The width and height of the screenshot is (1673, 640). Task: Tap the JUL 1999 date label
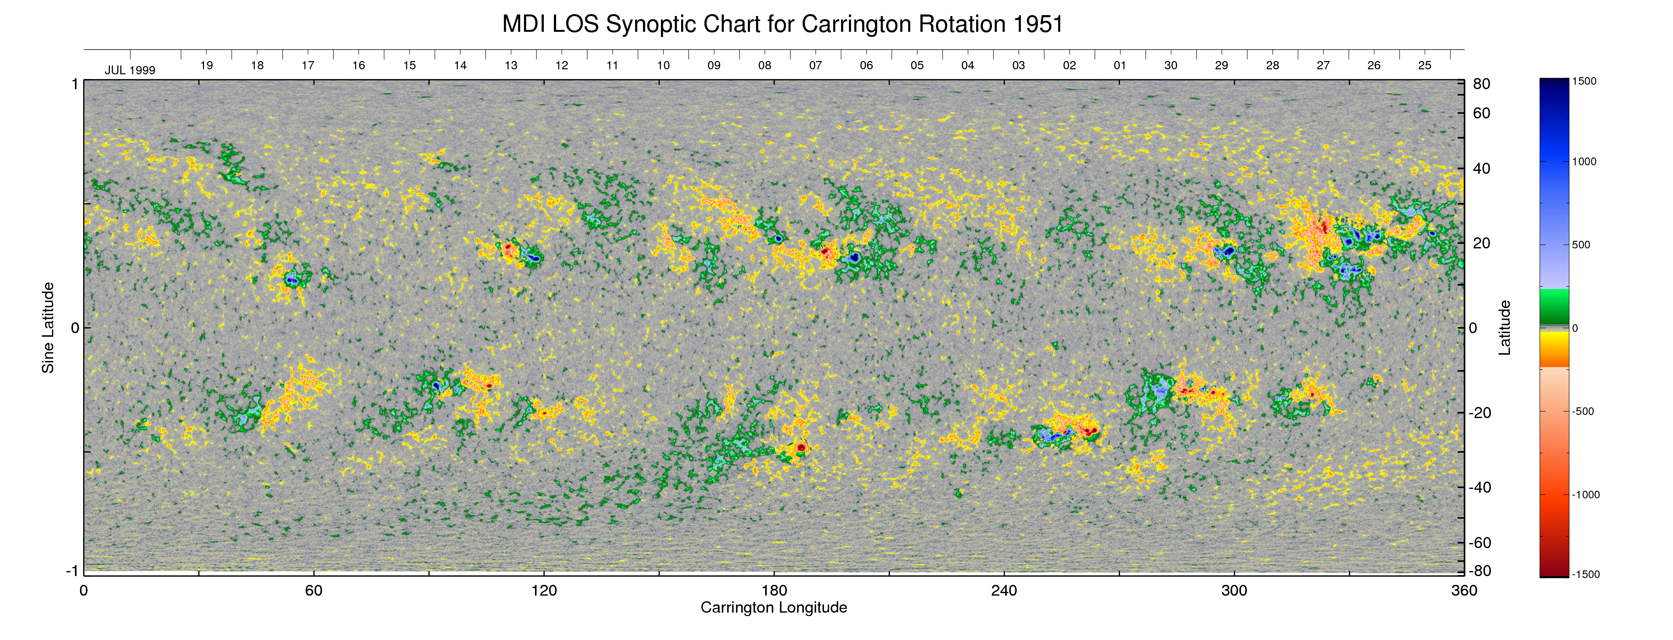[130, 70]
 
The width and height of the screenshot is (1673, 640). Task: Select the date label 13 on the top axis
[511, 65]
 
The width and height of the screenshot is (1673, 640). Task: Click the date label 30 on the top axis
[1170, 65]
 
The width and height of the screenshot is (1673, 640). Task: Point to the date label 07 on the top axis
[815, 65]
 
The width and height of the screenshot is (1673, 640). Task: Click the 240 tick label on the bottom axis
[1004, 591]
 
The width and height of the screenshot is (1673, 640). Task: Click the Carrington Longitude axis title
[773, 608]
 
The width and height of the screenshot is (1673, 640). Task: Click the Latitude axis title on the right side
[1504, 328]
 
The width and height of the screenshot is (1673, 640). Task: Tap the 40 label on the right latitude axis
[1482, 169]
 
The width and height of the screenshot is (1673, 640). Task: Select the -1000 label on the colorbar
[1585, 495]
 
